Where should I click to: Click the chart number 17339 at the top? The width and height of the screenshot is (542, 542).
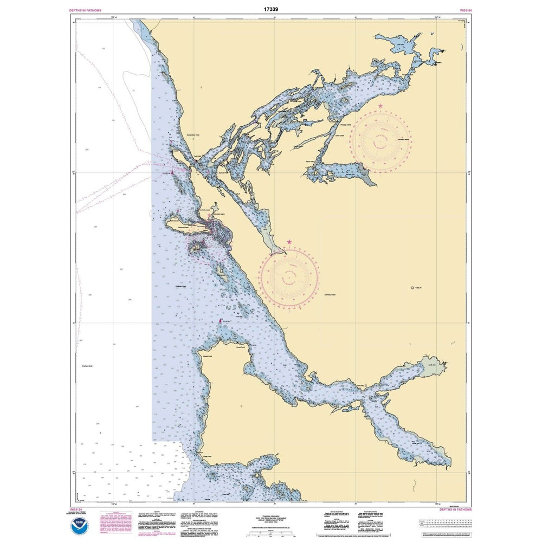[x=270, y=9]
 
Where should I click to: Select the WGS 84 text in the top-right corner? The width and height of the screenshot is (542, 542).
[x=465, y=10]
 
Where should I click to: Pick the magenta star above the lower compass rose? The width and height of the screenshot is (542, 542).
[x=289, y=242]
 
